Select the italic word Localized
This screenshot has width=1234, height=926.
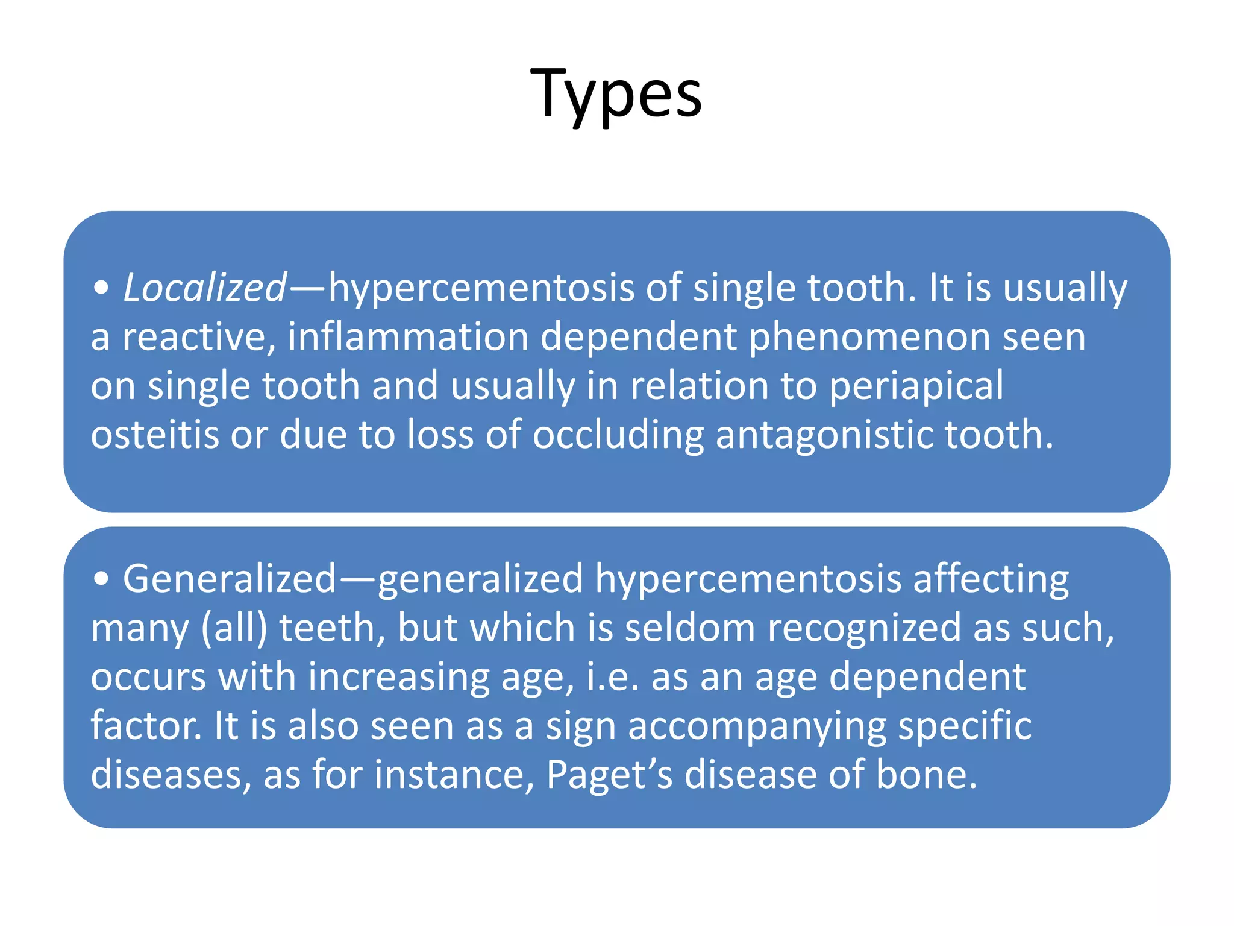tap(205, 288)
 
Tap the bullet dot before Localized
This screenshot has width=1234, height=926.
tap(101, 288)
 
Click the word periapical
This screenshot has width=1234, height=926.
tap(916, 386)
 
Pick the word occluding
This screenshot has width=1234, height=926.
tap(618, 436)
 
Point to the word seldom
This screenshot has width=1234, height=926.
tap(689, 628)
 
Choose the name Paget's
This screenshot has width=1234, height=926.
tap(609, 775)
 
